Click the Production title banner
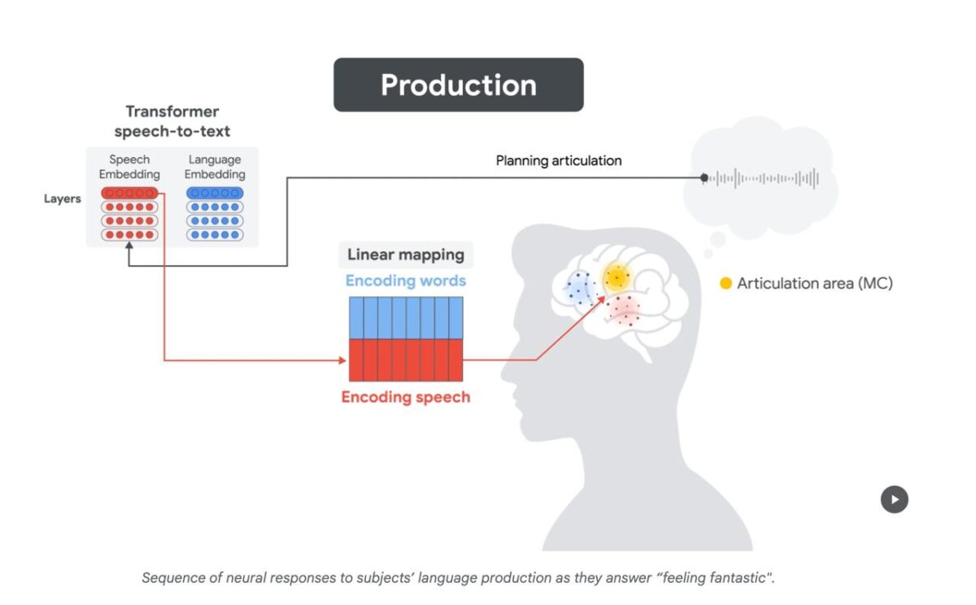point(458,85)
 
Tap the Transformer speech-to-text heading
point(172,121)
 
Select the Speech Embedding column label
point(129,167)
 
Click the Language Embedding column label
point(214,167)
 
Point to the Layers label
point(62,198)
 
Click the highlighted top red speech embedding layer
point(129,193)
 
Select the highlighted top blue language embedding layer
point(214,193)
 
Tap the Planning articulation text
point(559,161)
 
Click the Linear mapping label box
point(406,255)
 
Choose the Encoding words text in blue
point(406,281)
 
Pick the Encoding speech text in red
point(406,398)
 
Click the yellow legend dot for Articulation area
point(725,284)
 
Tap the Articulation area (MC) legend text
point(814,284)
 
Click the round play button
point(894,499)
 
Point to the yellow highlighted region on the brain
point(617,278)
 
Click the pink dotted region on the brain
point(625,310)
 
